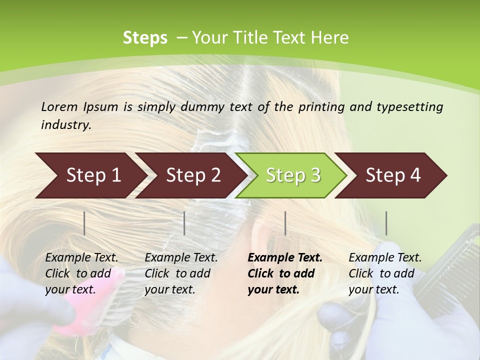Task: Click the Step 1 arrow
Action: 90,175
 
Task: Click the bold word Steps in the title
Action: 145,38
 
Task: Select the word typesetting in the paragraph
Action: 409,107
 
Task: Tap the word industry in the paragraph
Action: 65,125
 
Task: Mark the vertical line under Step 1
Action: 84,223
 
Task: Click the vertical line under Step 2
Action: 184,223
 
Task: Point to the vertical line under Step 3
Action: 285,223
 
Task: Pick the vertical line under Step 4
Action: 386,223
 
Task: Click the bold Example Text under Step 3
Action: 285,258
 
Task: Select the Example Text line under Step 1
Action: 81,258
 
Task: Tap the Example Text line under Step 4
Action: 385,258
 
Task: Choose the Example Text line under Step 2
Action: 181,258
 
